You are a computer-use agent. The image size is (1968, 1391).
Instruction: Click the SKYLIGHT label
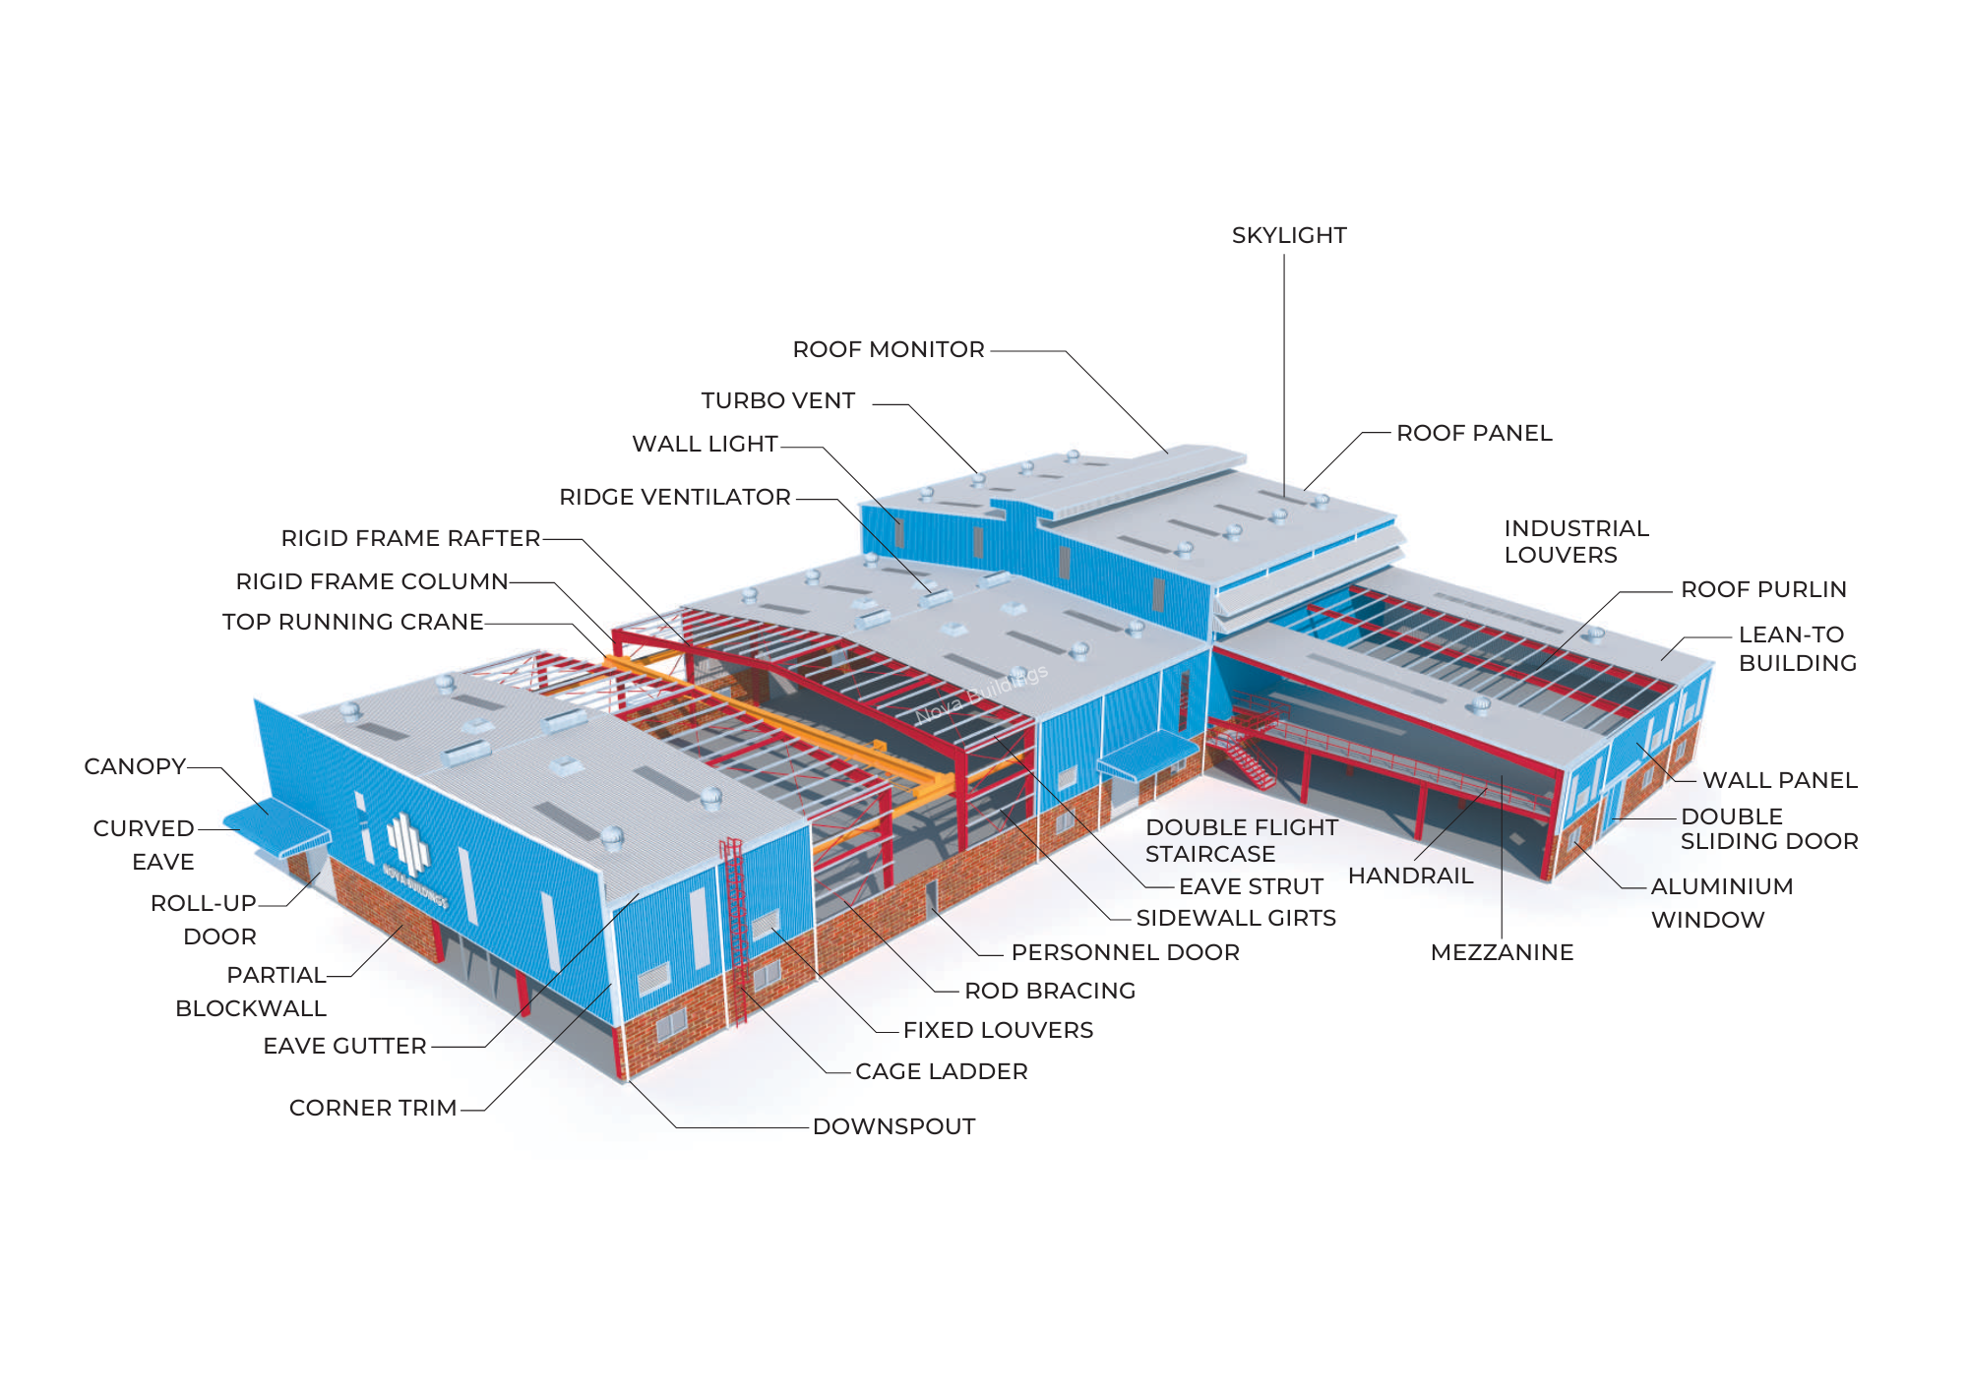coord(1288,236)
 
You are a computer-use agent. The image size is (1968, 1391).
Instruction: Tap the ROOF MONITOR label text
coord(888,350)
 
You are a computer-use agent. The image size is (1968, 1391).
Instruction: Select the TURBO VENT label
coord(777,401)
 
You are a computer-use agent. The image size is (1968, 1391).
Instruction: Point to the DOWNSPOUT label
coord(893,1127)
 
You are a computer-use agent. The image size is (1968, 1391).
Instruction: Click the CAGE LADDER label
coord(941,1072)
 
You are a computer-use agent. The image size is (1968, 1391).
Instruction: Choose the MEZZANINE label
coord(1502,953)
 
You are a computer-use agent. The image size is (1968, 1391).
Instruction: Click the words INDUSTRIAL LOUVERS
coord(1575,542)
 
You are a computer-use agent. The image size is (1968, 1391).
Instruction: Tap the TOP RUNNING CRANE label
coord(352,623)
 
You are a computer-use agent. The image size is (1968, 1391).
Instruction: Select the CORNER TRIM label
coord(373,1109)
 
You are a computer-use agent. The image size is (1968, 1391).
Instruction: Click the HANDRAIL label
coord(1410,877)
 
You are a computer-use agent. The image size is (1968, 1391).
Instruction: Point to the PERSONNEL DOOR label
coord(1125,953)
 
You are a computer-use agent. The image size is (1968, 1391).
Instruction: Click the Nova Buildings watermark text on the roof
coord(981,695)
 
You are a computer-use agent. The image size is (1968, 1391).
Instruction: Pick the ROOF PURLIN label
coord(1763,590)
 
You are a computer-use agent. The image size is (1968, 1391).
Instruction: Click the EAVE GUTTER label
coord(344,1047)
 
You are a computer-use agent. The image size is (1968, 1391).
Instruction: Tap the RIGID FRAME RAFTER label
coord(410,539)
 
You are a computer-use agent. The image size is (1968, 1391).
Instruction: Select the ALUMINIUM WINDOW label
coord(1721,903)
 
